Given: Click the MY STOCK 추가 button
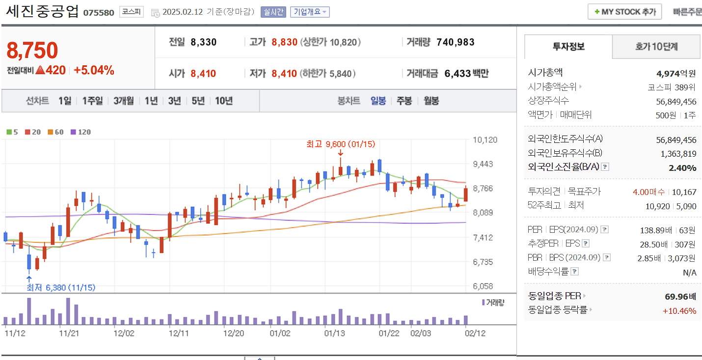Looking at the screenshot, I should click(x=624, y=12).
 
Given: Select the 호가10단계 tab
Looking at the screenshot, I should click(x=656, y=47).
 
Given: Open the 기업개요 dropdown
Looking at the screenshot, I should click(x=309, y=12).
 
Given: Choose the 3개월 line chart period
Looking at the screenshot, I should click(x=123, y=101).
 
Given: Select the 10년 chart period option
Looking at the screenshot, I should click(x=224, y=101).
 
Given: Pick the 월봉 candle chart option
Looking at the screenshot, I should click(x=431, y=101).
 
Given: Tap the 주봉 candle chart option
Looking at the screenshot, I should click(x=404, y=101).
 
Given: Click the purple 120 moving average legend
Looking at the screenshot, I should click(x=81, y=132).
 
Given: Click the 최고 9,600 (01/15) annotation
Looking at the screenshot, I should click(x=340, y=144).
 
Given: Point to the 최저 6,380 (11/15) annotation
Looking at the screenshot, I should click(x=61, y=287).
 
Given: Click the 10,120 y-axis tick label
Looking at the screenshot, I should click(x=485, y=140).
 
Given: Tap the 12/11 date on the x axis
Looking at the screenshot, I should click(x=179, y=332).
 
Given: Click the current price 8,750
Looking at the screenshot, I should click(x=32, y=50).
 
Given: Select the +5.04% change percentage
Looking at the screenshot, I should click(x=94, y=70).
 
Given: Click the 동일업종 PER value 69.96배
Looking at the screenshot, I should click(x=680, y=296).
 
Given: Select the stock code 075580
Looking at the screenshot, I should click(x=98, y=12).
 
